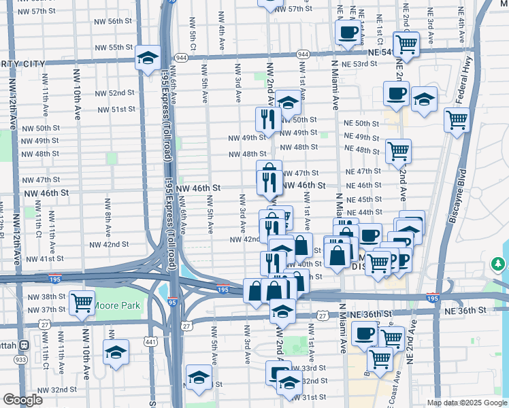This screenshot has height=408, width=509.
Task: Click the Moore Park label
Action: (x=118, y=305)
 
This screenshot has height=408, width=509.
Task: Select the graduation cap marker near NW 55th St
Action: (x=147, y=58)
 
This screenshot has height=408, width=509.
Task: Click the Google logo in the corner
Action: (x=22, y=400)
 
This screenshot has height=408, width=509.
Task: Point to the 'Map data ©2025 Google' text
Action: (x=467, y=403)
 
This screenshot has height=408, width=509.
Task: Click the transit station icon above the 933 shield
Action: (x=24, y=345)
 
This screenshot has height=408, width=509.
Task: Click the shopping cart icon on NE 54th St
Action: (x=406, y=44)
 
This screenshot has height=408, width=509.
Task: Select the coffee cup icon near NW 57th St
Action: (x=348, y=33)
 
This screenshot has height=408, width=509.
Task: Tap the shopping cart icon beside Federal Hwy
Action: (x=457, y=120)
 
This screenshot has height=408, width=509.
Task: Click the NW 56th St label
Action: (x=114, y=21)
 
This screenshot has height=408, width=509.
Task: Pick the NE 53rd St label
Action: (x=361, y=64)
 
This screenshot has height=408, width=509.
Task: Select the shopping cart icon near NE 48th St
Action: (x=398, y=151)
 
